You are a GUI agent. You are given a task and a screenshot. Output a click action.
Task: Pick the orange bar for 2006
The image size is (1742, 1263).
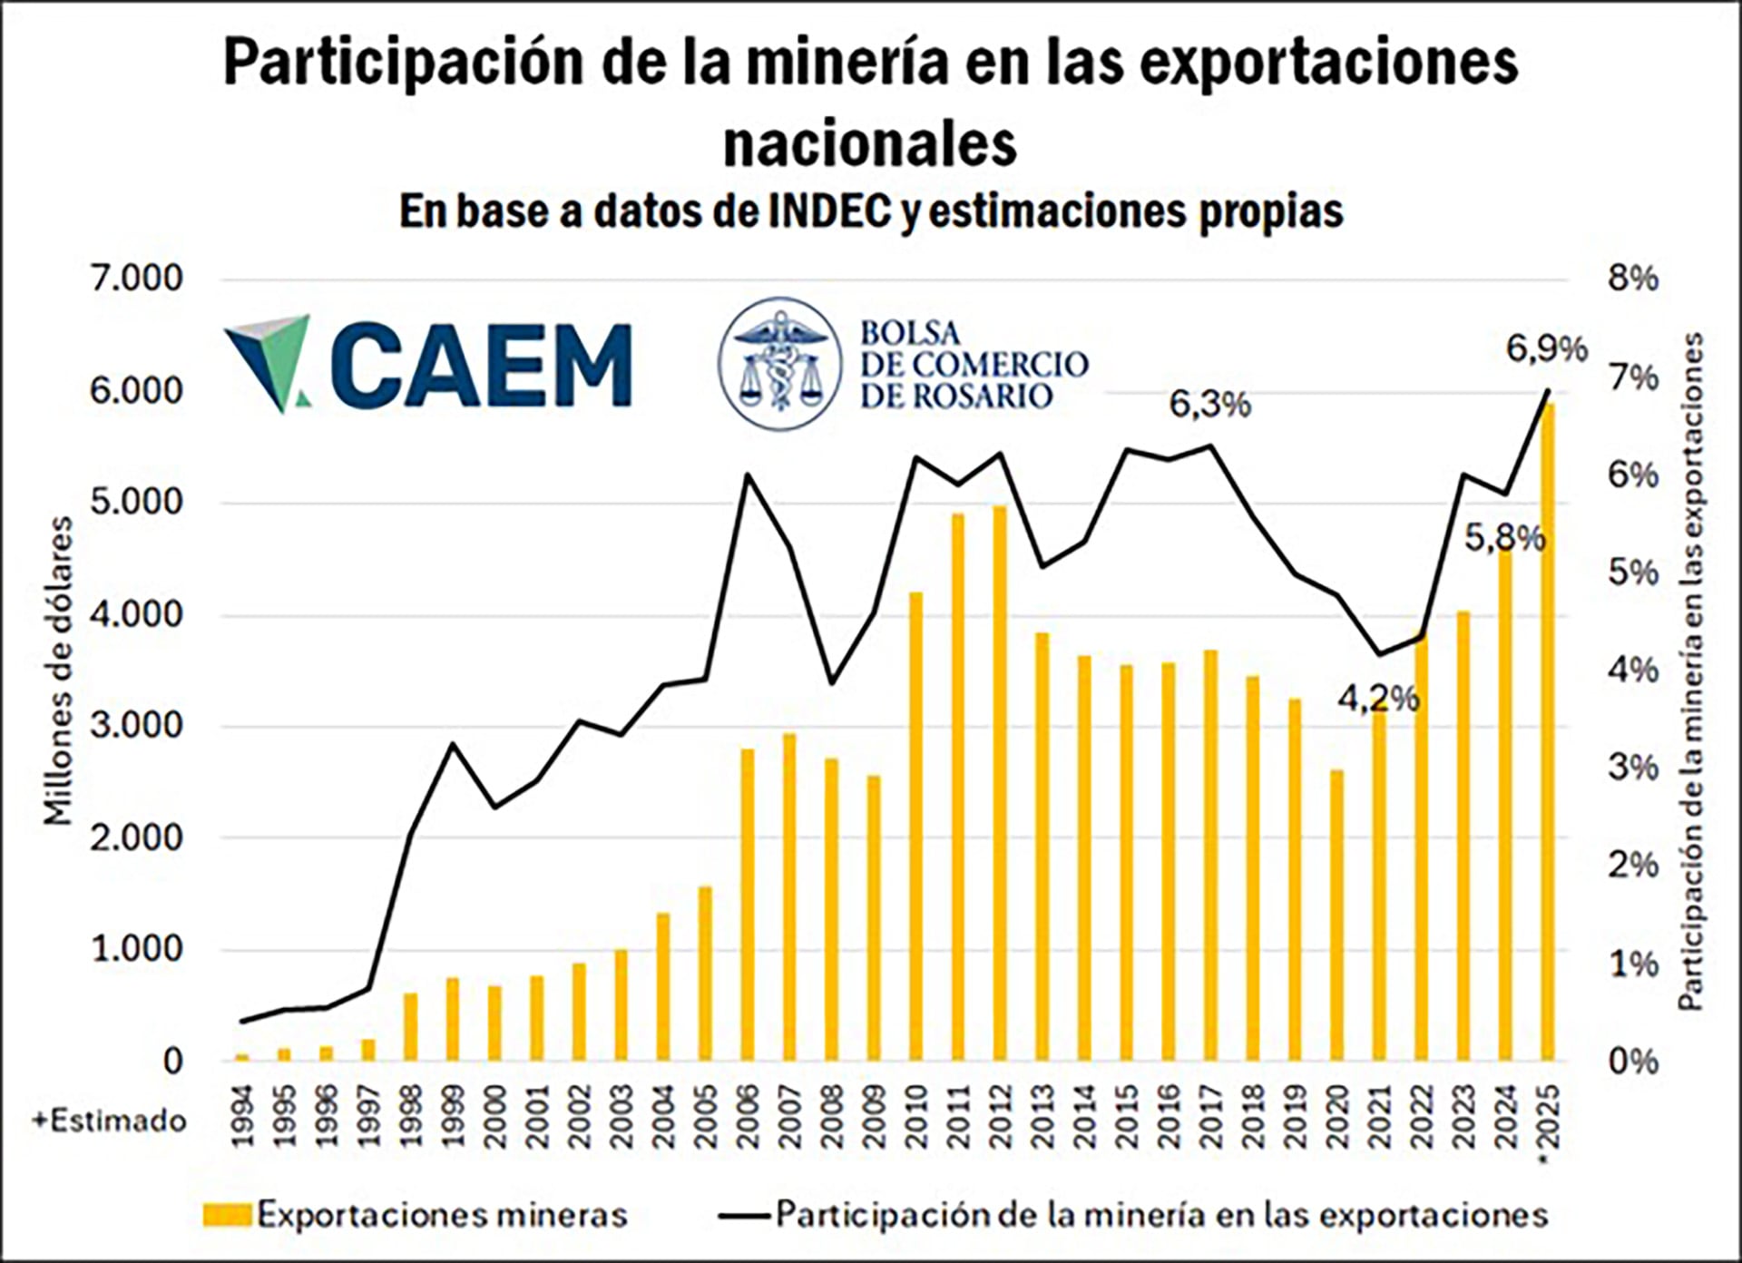pyautogui.click(x=748, y=904)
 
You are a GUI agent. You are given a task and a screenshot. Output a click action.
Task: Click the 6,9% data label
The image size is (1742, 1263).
pyautogui.click(x=1547, y=348)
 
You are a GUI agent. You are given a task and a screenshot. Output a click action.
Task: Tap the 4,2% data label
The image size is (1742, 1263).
pyautogui.click(x=1378, y=699)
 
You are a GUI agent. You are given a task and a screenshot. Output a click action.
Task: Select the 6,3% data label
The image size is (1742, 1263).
pyautogui.click(x=1209, y=405)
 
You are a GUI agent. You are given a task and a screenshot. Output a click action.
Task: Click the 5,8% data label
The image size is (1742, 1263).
pyautogui.click(x=1504, y=539)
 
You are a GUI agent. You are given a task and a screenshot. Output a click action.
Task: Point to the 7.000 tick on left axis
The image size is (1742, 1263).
pyautogui.click(x=136, y=279)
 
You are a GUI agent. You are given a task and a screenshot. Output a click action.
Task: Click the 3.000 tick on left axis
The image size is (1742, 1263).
pyautogui.click(x=136, y=726)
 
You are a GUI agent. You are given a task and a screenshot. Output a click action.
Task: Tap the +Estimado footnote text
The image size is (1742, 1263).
pyautogui.click(x=109, y=1121)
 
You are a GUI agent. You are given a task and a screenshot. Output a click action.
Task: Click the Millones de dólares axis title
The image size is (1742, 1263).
pyautogui.click(x=59, y=671)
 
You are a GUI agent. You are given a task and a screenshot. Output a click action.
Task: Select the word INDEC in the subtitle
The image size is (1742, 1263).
pyautogui.click(x=814, y=211)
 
